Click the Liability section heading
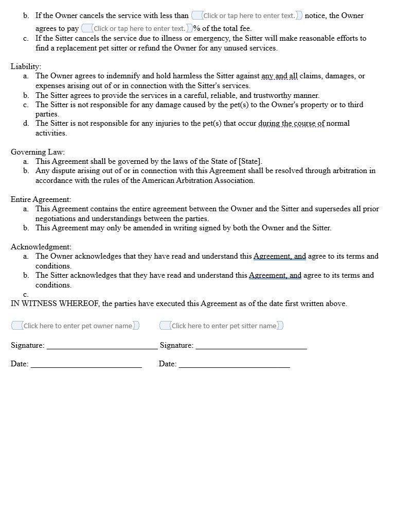(26, 66)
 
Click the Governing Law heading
(38, 152)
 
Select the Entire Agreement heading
(41, 199)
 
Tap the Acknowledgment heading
(41, 247)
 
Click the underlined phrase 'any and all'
(279, 76)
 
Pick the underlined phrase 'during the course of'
(291, 124)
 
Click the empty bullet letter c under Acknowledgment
(26, 295)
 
